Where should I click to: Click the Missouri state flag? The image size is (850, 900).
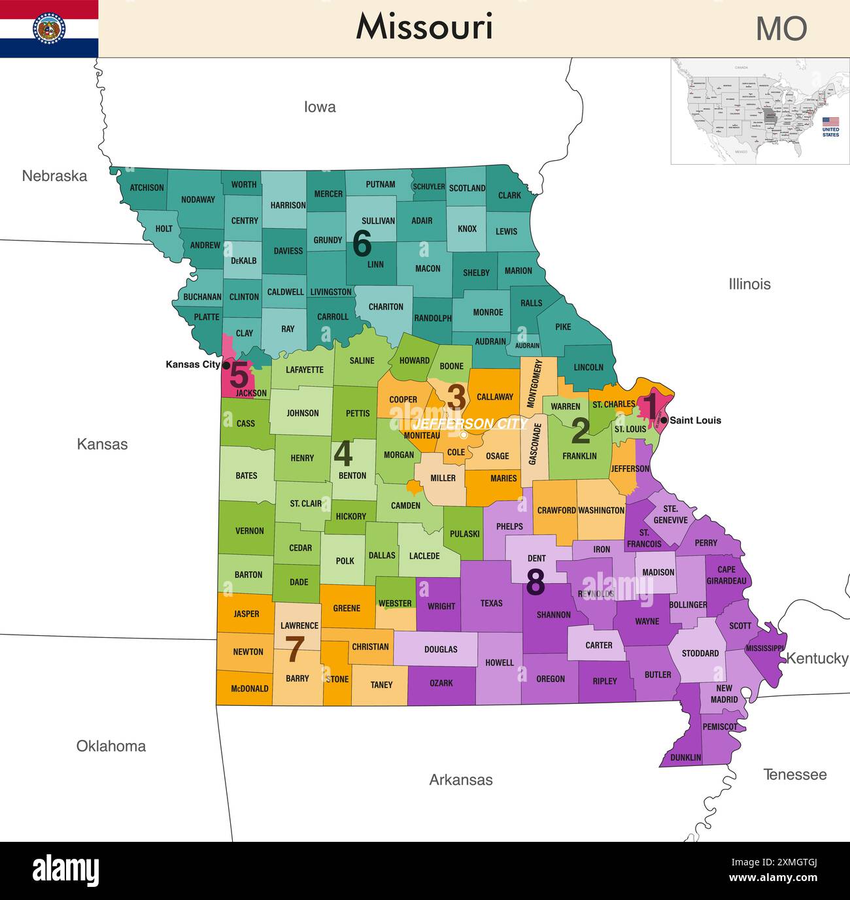[x=49, y=29]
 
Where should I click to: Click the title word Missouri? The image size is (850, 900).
[x=424, y=27]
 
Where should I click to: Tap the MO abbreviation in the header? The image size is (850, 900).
[x=781, y=29]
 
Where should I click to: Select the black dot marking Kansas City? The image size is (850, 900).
[x=226, y=365]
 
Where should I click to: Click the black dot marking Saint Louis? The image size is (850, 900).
[x=664, y=420]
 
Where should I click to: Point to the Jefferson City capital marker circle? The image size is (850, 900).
[x=464, y=435]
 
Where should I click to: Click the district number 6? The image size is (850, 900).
[x=362, y=244]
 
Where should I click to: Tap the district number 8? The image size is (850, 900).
[x=535, y=582]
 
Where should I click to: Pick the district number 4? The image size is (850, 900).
[x=343, y=454]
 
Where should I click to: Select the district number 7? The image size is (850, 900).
[x=295, y=650]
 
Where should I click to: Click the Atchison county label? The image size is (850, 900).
[x=146, y=188]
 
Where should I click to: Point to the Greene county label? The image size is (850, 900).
[x=347, y=608]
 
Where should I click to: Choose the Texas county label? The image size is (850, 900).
[x=491, y=603]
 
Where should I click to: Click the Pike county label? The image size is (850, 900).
[x=563, y=327]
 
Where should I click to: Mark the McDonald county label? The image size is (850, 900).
[x=248, y=688]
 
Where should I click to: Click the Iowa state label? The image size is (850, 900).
[x=320, y=107]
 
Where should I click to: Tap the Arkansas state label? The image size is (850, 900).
[x=460, y=780]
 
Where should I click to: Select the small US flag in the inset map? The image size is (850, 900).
[x=830, y=122]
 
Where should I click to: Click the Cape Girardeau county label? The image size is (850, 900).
[x=726, y=575]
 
